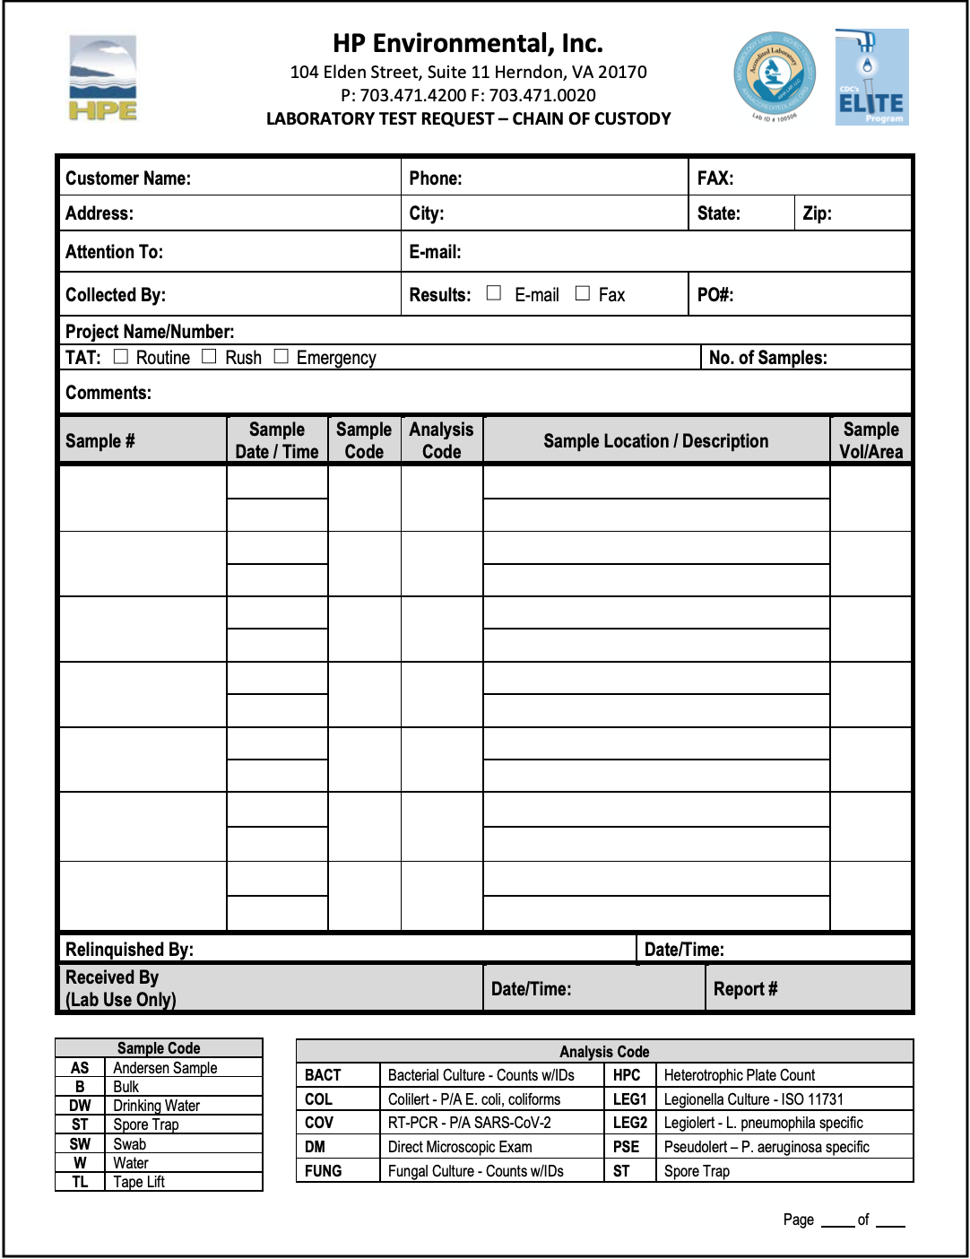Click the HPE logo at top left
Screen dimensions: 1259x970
[x=103, y=78]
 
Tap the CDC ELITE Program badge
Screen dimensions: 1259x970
[x=871, y=77]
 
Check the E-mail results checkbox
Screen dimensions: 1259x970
[x=494, y=293]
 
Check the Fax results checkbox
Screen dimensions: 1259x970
[x=583, y=293]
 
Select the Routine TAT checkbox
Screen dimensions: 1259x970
[x=121, y=357]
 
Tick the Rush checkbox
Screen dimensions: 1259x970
[x=210, y=357]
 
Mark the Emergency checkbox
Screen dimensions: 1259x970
[x=281, y=357]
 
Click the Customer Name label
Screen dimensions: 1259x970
[x=128, y=178]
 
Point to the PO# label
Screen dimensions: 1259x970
[x=715, y=295]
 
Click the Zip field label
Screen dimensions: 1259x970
[x=818, y=213]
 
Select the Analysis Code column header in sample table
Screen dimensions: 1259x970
[x=441, y=440]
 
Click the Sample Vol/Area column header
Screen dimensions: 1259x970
[x=870, y=440]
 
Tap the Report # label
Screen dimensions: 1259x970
[x=745, y=989]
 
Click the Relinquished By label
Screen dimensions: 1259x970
[x=129, y=950]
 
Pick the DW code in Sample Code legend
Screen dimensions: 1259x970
[x=80, y=1106]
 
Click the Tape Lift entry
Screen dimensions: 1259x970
[x=139, y=1182]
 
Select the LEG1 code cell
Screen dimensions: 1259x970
[x=629, y=1099]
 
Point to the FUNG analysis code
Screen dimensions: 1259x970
[x=323, y=1171]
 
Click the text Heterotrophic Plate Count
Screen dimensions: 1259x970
[x=740, y=1075]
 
